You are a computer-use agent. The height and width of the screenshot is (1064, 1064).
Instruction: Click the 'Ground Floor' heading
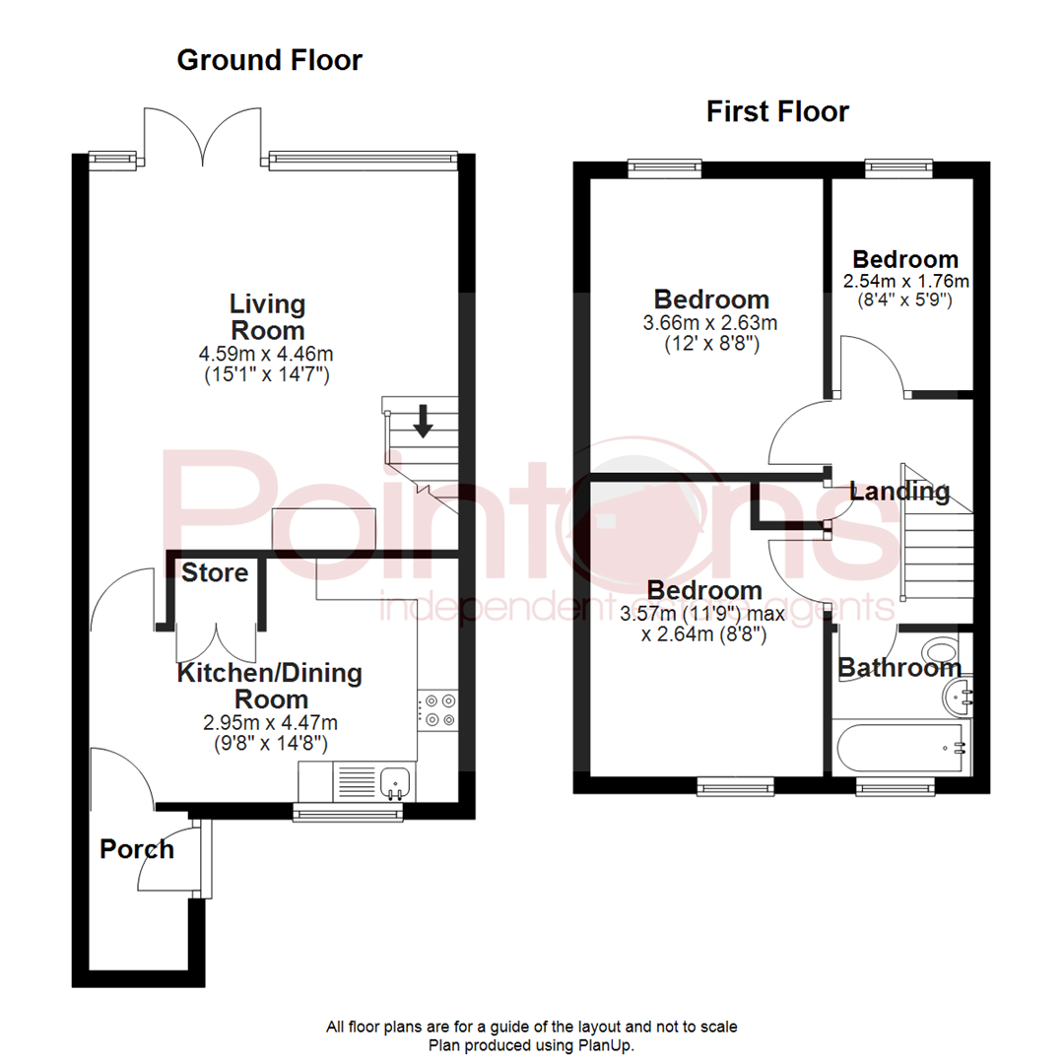pos(269,60)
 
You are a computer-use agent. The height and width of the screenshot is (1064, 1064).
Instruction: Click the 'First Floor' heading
pos(777,111)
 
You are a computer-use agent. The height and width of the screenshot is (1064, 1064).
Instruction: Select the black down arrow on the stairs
pos(423,421)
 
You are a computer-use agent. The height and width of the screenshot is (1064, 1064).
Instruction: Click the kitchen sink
pos(395,782)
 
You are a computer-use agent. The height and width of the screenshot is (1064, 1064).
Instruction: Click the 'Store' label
pos(215,572)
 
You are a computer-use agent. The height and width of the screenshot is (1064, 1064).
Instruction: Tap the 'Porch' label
pos(137,848)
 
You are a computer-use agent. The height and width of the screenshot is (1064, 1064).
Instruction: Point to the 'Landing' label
pos(899,491)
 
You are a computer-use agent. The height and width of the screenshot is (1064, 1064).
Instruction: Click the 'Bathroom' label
pos(899,668)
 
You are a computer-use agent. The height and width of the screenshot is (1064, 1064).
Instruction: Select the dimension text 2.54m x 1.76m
pos(905,281)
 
